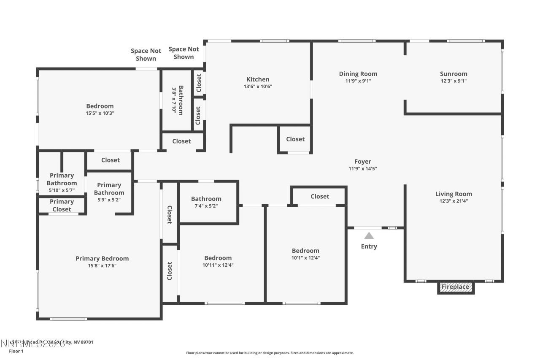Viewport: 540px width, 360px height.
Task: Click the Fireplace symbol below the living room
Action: tap(455, 287)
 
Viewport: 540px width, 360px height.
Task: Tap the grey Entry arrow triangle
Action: tap(369, 236)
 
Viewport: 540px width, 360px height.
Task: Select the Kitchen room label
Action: tap(258, 79)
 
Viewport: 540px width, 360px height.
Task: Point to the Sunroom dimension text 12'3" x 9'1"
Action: tap(454, 81)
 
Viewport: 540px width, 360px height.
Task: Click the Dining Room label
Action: tap(358, 74)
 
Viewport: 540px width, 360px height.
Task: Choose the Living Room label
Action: tap(454, 194)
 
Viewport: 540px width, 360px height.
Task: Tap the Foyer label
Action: tap(363, 162)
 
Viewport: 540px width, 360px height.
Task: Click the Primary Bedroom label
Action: tap(102, 259)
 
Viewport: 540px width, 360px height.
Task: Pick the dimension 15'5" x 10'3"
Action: tap(100, 113)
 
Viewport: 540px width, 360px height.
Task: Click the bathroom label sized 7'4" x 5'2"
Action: tap(206, 199)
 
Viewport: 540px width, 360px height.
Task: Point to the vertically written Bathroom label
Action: tap(181, 100)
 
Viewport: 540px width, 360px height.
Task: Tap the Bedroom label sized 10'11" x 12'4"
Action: tap(218, 258)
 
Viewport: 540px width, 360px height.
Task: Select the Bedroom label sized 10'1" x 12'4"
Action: tap(305, 251)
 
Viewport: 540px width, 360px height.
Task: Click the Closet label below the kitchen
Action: tap(295, 139)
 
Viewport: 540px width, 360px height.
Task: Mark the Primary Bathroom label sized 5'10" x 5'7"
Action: tap(62, 179)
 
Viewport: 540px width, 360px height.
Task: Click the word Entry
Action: tap(369, 246)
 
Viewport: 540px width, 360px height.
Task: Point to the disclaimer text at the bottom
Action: tap(270, 353)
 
